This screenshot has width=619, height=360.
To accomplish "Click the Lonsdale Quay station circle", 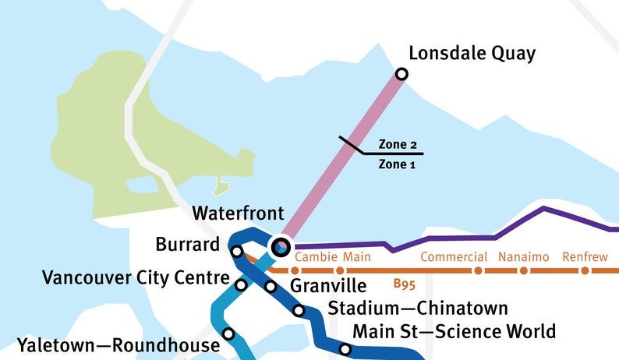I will (401, 74).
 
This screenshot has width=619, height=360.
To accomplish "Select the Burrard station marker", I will (237, 251).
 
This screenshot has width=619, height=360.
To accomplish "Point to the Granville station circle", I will (271, 287).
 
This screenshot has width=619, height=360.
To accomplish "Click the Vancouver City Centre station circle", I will (241, 285).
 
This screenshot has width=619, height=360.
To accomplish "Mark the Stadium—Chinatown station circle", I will (299, 311).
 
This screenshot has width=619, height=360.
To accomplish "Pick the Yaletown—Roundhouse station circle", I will (228, 334).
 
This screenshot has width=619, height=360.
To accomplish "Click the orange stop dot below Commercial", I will (478, 271).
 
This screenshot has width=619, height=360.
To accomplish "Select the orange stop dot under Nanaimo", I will (524, 271).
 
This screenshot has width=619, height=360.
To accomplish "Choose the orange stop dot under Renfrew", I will (580, 271).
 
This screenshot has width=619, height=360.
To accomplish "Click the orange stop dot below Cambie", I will (295, 271).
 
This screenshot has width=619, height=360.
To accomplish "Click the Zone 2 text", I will (398, 145).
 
